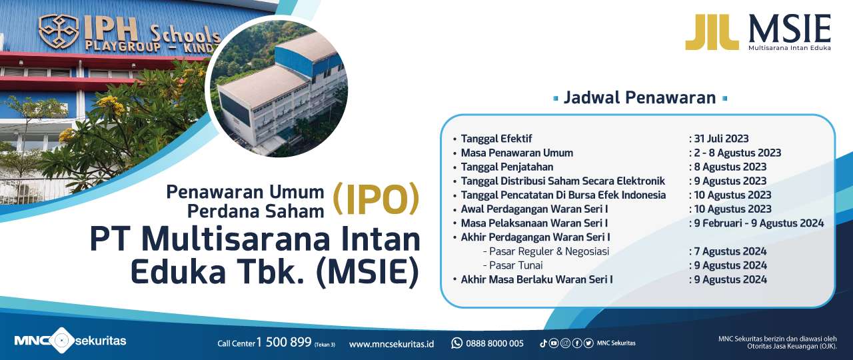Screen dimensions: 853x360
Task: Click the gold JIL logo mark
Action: [711, 32]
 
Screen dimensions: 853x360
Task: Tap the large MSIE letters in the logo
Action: [790, 29]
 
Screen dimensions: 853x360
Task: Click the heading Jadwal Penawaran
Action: [640, 97]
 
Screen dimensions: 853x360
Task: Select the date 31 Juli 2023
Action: [721, 138]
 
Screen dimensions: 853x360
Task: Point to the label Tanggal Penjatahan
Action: [507, 167]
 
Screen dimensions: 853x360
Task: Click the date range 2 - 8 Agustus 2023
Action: [737, 153]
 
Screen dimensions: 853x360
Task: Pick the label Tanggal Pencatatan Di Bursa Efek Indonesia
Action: [563, 195]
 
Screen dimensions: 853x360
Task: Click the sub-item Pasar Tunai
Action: [516, 265]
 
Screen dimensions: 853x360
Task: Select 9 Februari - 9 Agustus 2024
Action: [759, 223]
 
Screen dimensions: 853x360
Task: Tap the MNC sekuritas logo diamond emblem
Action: [60, 340]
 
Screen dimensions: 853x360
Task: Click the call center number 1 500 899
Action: [284, 342]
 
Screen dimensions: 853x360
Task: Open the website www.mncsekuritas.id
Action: [391, 343]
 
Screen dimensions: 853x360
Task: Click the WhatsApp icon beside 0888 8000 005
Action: [456, 343]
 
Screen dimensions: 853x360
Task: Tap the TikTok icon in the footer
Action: [543, 343]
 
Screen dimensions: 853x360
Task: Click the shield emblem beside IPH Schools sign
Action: [59, 31]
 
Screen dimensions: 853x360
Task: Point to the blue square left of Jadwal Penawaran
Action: [556, 99]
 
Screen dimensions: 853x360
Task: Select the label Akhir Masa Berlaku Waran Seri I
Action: [536, 279]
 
